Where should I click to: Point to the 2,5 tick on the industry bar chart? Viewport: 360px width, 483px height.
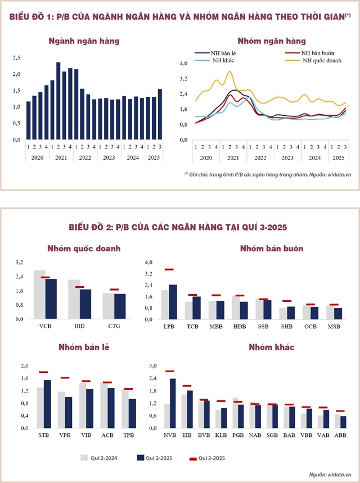(x=16, y=58)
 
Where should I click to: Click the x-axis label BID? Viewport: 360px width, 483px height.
(x=79, y=326)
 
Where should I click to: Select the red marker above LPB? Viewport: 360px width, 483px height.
(x=169, y=269)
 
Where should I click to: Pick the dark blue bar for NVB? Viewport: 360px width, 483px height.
(x=173, y=403)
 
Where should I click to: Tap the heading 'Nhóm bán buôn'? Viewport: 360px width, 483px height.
(x=272, y=249)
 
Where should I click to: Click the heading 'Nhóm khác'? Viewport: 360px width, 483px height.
(x=272, y=347)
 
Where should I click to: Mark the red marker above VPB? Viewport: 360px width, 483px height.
(x=65, y=378)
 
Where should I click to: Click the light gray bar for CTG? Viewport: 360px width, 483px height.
(x=109, y=306)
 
